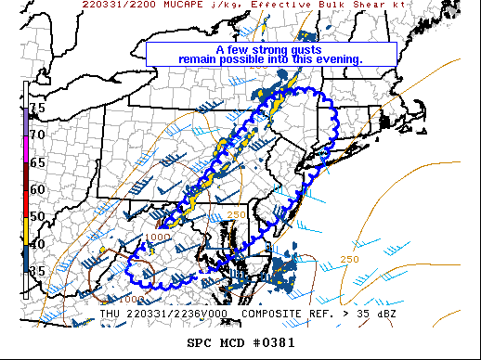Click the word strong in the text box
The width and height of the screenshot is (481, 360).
click(x=273, y=50)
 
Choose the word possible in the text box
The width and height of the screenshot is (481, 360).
click(x=246, y=60)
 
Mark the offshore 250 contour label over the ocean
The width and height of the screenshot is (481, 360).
click(x=350, y=259)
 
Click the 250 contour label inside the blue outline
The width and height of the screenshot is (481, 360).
click(x=235, y=215)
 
